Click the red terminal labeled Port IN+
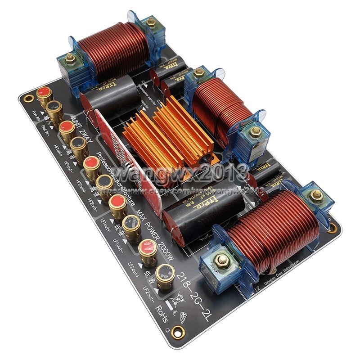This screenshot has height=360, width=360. (44, 92)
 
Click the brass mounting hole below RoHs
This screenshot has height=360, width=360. (178, 333)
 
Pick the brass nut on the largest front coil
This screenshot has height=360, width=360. (221, 260)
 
